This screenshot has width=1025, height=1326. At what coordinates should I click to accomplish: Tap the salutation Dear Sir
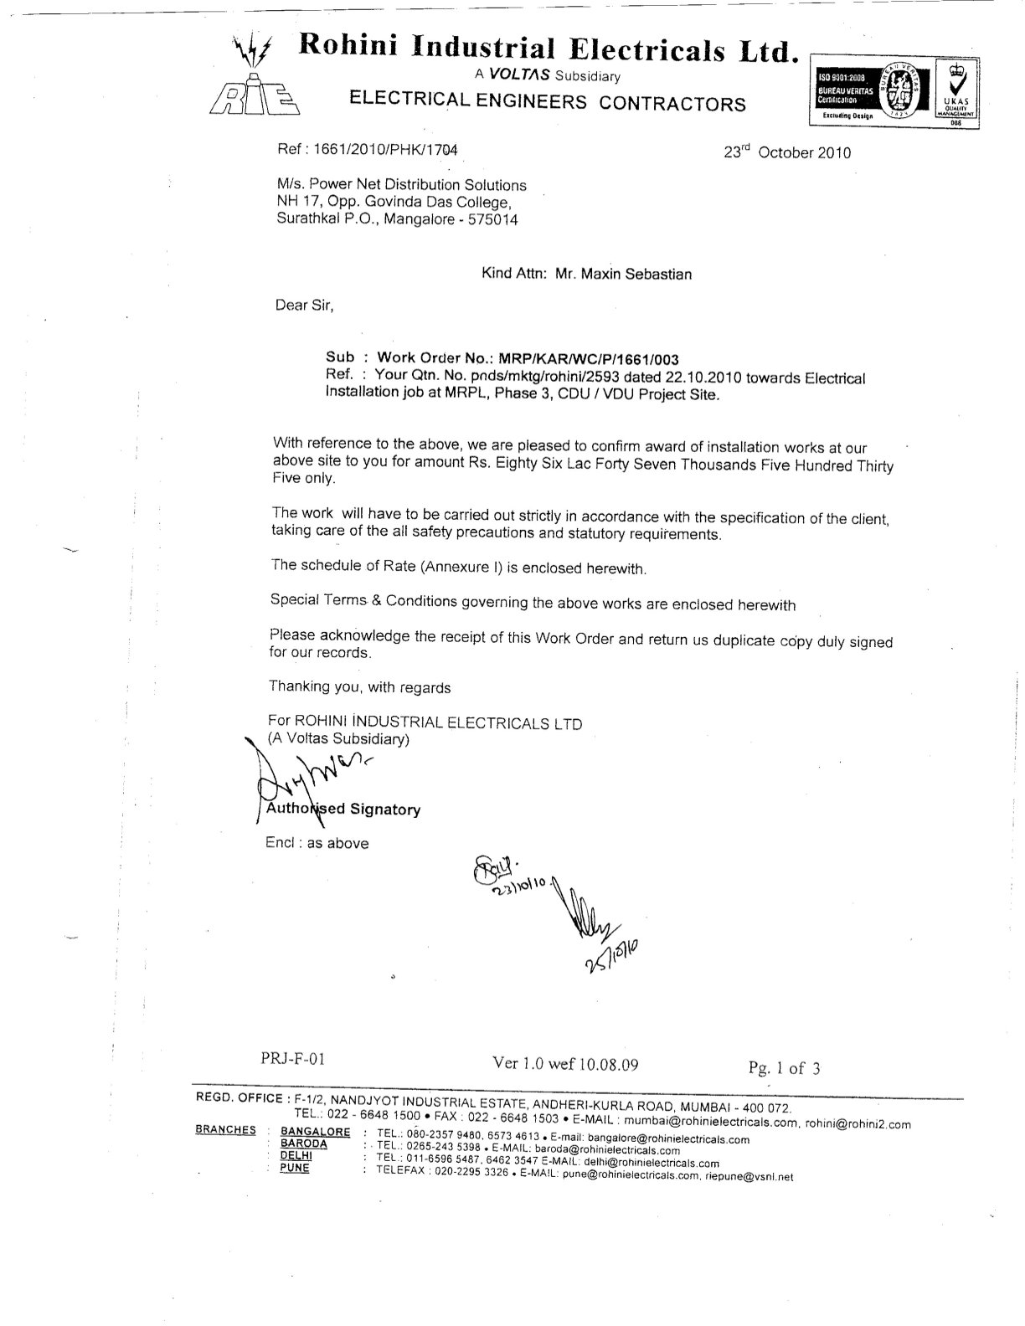tap(305, 306)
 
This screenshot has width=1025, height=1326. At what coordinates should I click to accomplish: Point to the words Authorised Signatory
tap(343, 809)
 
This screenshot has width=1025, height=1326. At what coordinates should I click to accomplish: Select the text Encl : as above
tap(317, 843)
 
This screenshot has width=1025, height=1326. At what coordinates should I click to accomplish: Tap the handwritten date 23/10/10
tap(519, 888)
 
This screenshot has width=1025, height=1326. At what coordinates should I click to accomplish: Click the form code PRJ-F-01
tap(292, 1059)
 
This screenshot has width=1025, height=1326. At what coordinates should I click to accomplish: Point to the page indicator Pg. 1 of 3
tap(785, 1067)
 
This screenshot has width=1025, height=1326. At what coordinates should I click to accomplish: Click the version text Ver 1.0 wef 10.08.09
tap(566, 1064)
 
